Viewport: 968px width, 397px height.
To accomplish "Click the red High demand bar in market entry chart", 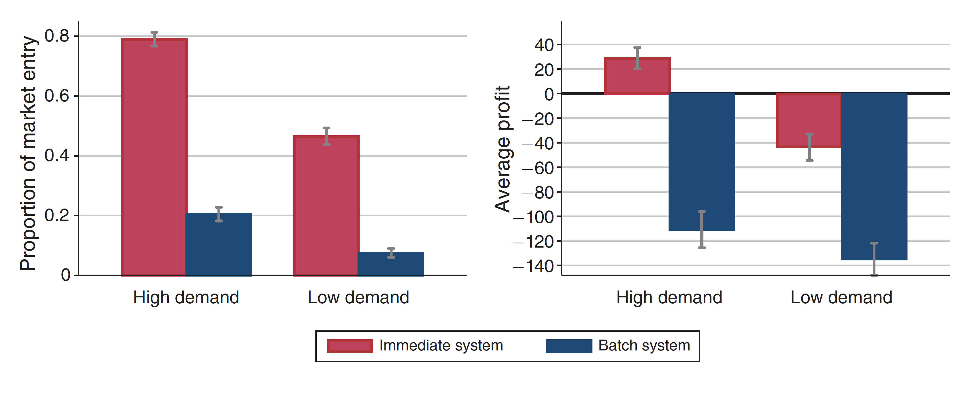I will coord(154,158).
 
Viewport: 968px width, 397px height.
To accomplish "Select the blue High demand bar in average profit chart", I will coord(701,161).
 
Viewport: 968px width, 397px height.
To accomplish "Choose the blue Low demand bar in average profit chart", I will coord(874,176).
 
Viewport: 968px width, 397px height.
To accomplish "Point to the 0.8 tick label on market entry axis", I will coord(57,36).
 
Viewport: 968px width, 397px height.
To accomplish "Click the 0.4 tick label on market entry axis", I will coord(57,156).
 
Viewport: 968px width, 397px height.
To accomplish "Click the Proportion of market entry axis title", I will coord(28,153).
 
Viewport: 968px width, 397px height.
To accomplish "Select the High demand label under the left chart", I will coord(186,297).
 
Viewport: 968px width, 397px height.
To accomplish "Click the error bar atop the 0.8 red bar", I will coord(154,39).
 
